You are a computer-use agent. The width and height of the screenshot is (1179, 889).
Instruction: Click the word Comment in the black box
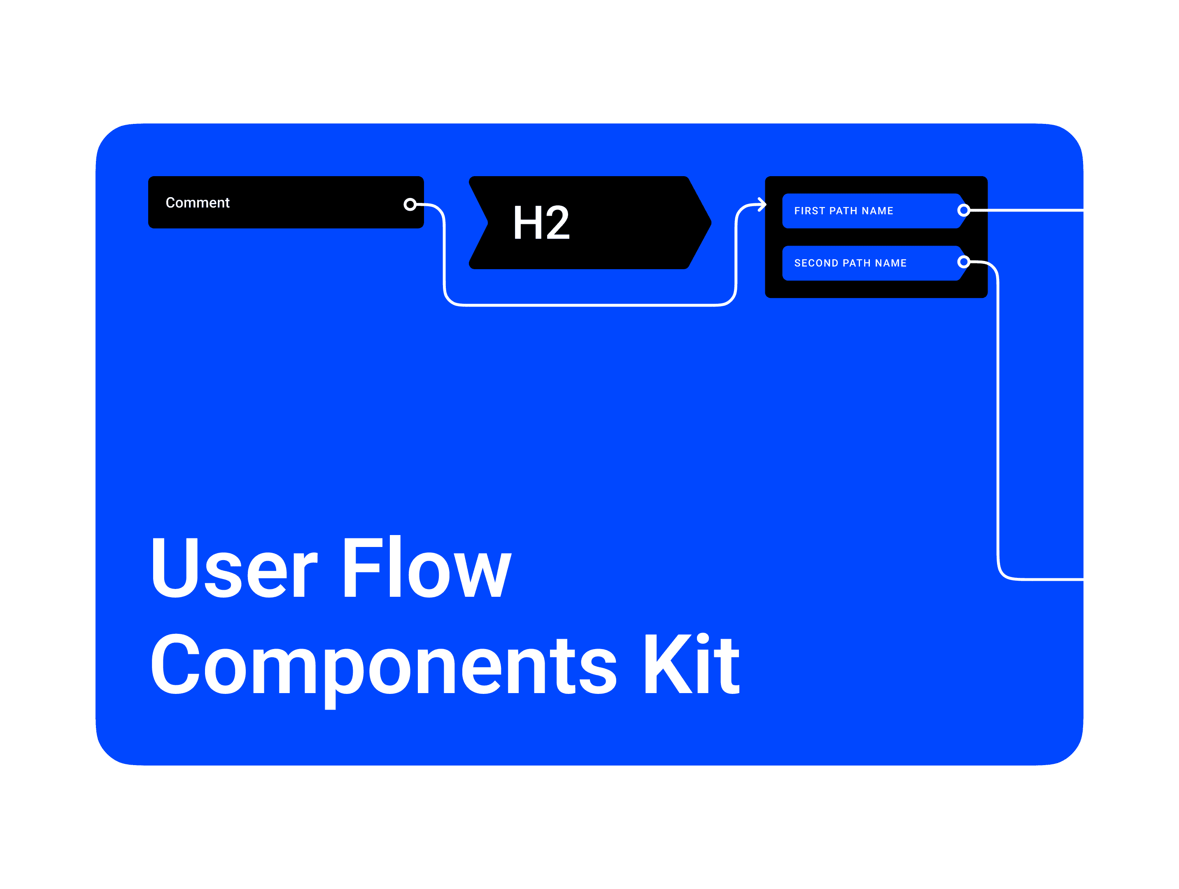tap(197, 202)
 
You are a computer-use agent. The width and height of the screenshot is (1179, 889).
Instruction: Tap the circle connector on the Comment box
tap(410, 204)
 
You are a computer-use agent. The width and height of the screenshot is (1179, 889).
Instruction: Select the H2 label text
tap(541, 223)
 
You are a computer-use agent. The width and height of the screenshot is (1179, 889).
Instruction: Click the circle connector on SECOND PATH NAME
tap(963, 262)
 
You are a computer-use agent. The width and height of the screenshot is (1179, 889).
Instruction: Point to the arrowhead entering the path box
tap(762, 204)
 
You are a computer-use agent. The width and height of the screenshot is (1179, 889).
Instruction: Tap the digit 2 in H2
tap(556, 223)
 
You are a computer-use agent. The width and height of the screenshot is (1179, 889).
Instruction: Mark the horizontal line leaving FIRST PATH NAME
tap(1029, 211)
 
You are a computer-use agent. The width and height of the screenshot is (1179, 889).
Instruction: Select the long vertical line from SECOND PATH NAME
tap(998, 426)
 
